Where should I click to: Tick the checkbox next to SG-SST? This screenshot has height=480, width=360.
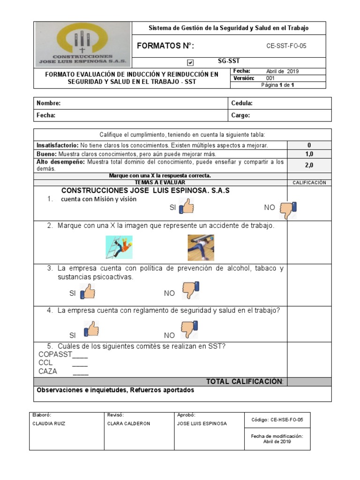pos(190,62)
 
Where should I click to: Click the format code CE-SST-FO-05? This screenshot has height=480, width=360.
pos(286,46)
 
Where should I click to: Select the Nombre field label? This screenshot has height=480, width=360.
pos(49,103)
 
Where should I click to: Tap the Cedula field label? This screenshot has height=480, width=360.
pos(242,103)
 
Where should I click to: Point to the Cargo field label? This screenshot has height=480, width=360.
pos(240,115)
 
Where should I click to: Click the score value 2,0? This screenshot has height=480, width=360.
pos(309,165)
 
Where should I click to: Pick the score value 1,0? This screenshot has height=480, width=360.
pos(309,154)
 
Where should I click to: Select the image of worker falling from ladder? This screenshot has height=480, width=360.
pos(119,247)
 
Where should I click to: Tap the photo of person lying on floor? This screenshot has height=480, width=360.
pos(201,247)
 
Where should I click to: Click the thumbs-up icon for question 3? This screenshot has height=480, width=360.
pos(88,292)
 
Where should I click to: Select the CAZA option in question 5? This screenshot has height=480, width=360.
pos(48,371)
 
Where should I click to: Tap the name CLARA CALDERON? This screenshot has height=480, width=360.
pos(128,423)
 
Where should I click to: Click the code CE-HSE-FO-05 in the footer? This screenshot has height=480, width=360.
pos(277,420)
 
